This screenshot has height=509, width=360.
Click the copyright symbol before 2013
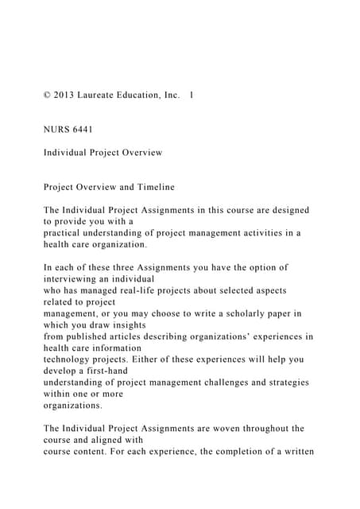click(48, 95)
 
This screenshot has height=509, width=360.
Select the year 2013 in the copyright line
click(68, 95)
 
